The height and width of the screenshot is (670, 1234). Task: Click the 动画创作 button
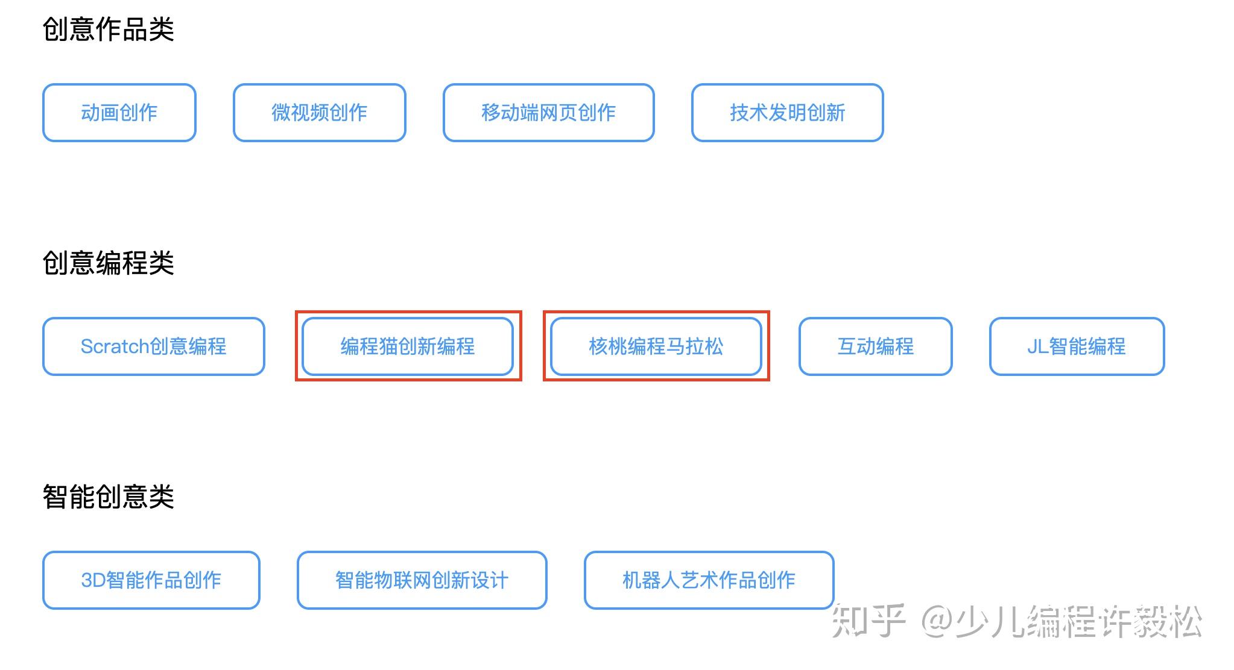[x=119, y=113]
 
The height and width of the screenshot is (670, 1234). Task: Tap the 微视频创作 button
[x=319, y=113]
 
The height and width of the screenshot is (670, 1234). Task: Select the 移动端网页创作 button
[x=548, y=113]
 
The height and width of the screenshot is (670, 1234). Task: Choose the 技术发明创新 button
[x=787, y=113]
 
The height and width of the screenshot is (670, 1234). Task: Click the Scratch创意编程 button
[x=153, y=346]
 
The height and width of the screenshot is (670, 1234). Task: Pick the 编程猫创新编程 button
[x=408, y=346]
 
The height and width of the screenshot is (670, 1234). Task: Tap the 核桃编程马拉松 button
[x=656, y=346]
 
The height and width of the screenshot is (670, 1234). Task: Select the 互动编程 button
[x=875, y=346]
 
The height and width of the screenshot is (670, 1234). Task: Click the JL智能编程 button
[x=1077, y=346]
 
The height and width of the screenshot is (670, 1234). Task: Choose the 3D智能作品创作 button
[x=151, y=580]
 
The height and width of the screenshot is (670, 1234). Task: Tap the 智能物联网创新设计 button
[x=422, y=580]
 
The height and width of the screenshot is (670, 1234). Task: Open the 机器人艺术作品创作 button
[x=709, y=580]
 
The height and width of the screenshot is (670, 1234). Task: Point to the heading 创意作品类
[x=109, y=29]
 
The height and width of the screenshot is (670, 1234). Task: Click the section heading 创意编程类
[x=109, y=263]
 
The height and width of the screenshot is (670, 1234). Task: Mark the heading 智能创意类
[x=109, y=496]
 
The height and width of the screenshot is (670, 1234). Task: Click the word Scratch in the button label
[x=115, y=346]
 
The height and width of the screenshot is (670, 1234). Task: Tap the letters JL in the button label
[x=1037, y=346]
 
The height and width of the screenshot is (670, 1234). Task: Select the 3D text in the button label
[x=93, y=580]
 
